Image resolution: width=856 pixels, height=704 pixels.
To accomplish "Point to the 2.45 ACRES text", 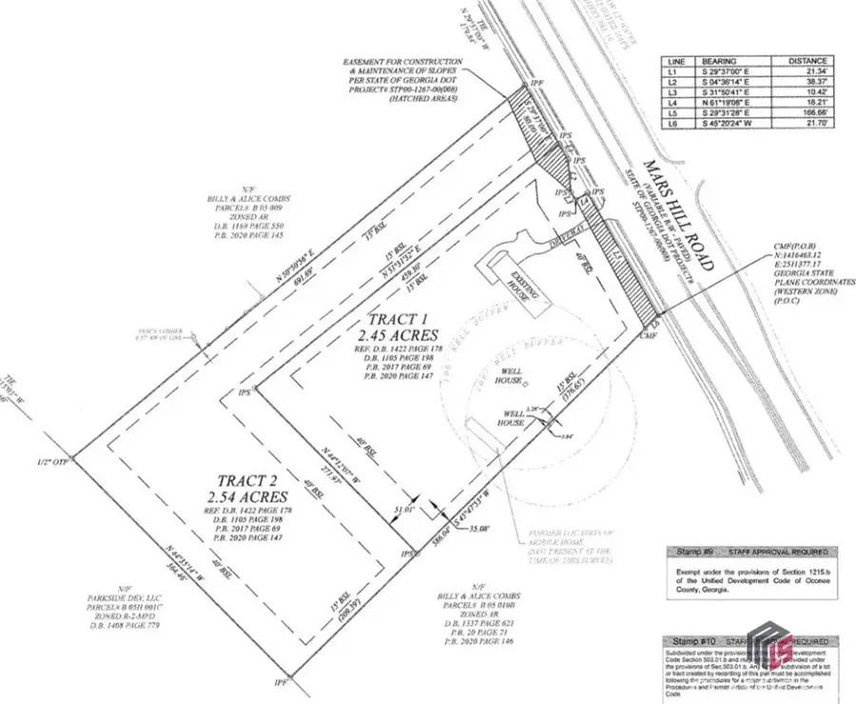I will click(x=399, y=335).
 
